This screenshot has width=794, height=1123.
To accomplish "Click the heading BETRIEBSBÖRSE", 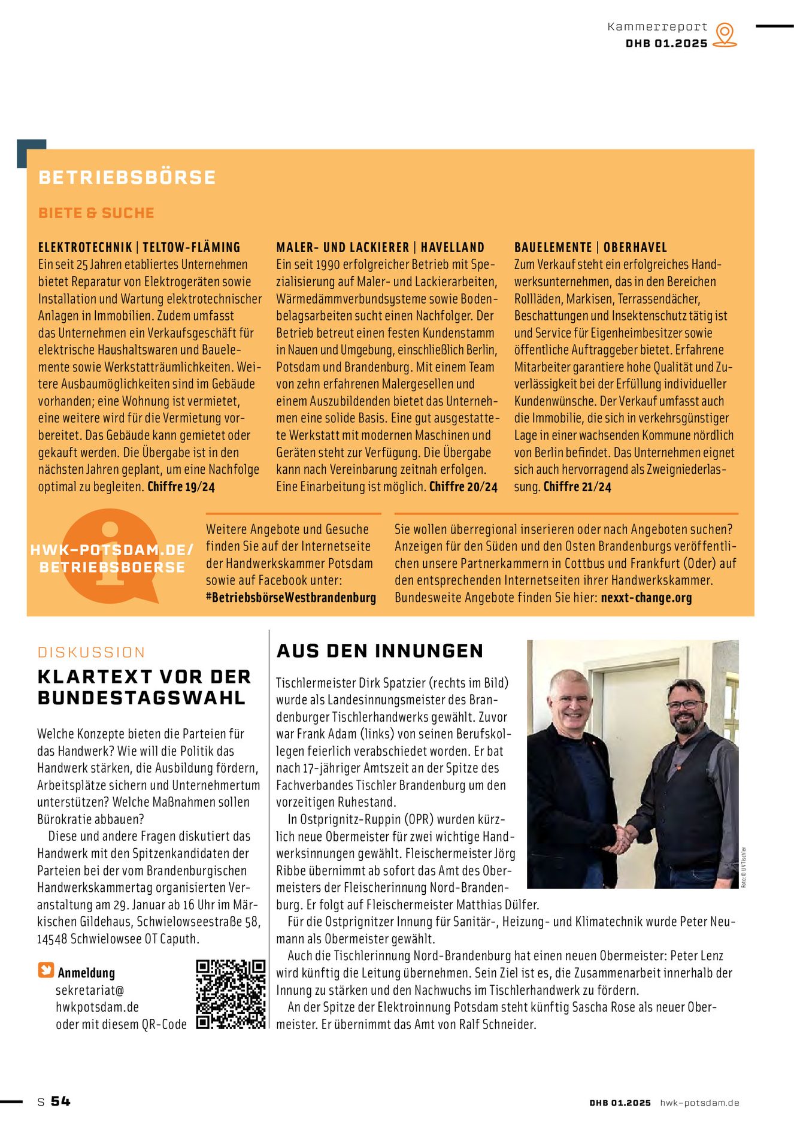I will point(127,177).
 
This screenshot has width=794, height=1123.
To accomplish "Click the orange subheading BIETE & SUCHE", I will point(96,213).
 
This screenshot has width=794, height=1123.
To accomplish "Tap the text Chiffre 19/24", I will point(181,486).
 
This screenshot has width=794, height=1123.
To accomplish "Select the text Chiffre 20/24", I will point(463,487).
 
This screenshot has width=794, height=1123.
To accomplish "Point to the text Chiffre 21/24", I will point(577,487).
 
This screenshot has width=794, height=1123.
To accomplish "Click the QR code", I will point(231,994).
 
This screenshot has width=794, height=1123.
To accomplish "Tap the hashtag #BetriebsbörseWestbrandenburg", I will point(291,597).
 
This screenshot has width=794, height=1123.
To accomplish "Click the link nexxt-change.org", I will point(646,597).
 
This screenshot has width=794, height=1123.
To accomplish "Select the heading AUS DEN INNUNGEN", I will point(380,651).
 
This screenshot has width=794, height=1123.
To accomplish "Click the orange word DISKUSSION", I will point(92,652).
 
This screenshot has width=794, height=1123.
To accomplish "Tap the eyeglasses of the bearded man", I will point(685,705).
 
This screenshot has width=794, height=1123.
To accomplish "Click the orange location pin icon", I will point(725,34).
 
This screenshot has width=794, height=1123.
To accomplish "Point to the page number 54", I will point(60,1101).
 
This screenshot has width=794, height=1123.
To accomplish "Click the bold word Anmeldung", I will point(86,973).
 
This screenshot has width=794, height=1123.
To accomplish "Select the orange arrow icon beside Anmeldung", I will point(46,970).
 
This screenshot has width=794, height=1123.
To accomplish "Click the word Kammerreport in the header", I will point(657,27).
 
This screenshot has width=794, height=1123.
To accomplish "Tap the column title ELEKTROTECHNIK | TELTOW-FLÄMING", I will point(139,247).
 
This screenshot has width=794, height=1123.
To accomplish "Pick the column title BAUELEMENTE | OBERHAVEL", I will point(590,247).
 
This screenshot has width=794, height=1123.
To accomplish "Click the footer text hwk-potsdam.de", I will point(699,1103).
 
